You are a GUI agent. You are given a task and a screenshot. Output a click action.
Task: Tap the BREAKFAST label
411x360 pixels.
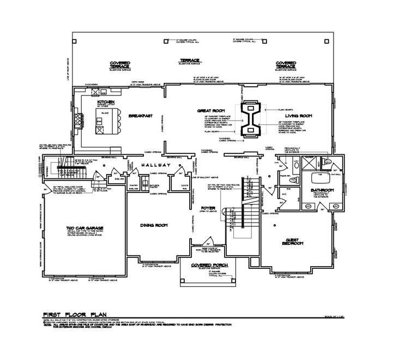[x=140, y=116]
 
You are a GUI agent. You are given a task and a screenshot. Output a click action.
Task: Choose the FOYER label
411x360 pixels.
[x=208, y=208]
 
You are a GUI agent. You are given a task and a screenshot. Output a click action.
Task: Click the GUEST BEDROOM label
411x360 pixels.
[x=294, y=242]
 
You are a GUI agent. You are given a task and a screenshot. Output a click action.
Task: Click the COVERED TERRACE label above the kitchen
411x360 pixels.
[x=120, y=64]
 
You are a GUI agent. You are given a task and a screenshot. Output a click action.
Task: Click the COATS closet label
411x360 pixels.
[x=184, y=185]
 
